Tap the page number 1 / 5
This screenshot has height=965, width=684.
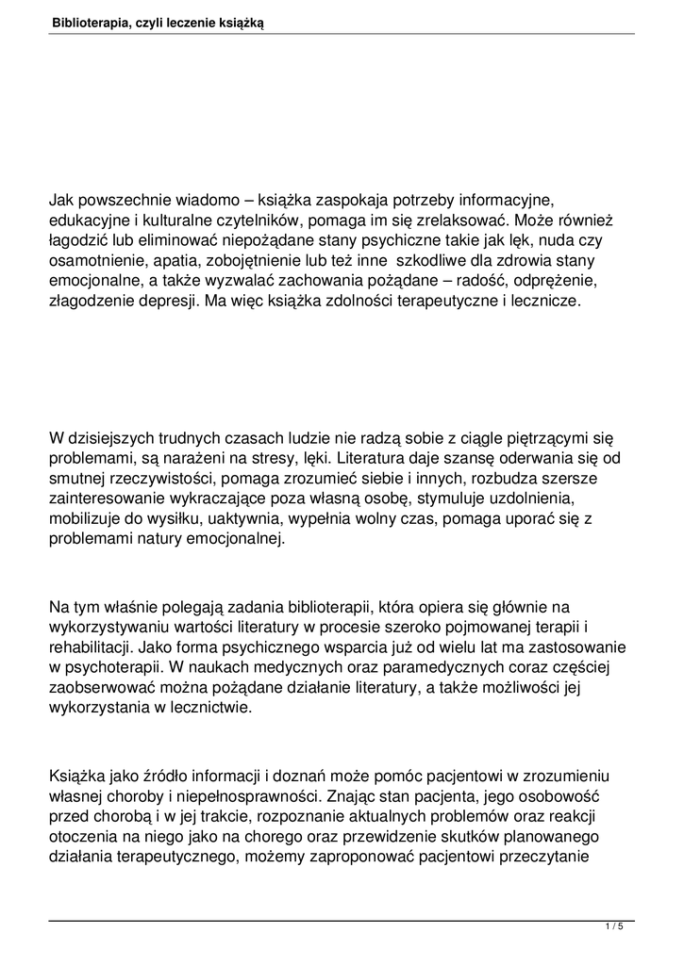pos(614,927)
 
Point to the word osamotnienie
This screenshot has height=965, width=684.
pos(94,260)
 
